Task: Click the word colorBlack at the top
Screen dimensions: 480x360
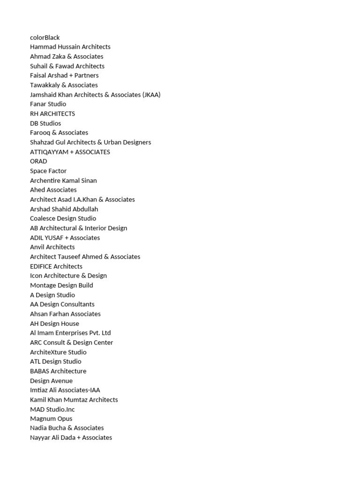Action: pos(45,37)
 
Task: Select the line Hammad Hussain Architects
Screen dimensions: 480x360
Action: pos(70,47)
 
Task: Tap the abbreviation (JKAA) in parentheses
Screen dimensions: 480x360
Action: pos(151,95)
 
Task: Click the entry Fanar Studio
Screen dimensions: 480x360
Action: pos(48,104)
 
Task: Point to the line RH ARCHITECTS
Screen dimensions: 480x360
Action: pos(52,114)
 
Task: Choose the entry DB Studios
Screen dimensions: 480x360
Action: pos(45,123)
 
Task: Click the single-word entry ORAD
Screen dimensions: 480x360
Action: pos(38,161)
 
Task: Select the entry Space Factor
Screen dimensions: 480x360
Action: pos(48,171)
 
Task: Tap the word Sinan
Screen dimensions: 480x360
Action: pos(88,180)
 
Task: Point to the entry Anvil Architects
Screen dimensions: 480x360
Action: pos(52,247)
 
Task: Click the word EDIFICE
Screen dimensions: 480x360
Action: pos(41,266)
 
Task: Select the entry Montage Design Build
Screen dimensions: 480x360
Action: pos(61,285)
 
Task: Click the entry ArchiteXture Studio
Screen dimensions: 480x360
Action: pos(58,352)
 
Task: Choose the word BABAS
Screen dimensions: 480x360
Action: pos(39,371)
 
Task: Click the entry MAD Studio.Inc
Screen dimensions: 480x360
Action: pos(52,409)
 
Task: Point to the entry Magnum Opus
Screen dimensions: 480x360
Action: pos(51,419)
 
